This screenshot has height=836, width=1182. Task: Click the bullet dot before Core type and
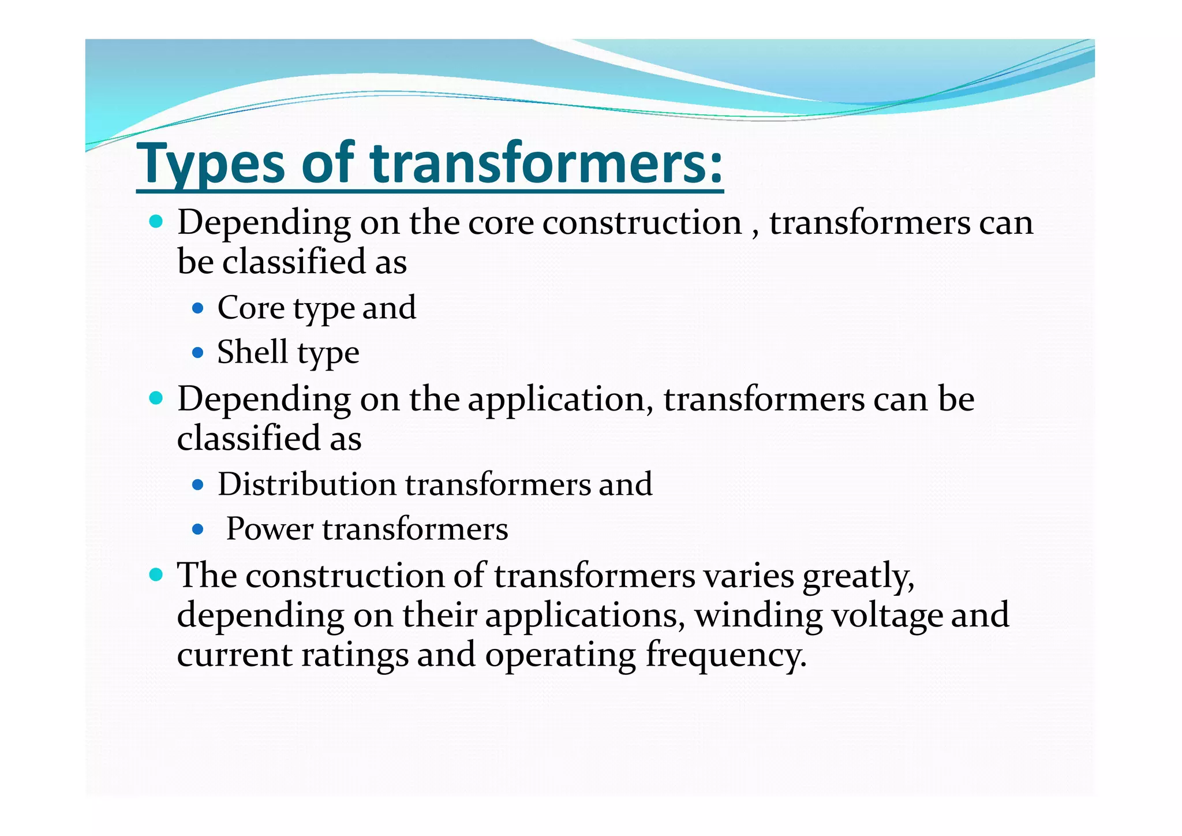pyautogui.click(x=198, y=308)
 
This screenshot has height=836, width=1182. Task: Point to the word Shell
pyautogui.click(x=252, y=352)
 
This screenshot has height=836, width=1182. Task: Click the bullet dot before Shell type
pyautogui.click(x=198, y=352)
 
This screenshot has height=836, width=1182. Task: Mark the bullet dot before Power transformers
pyautogui.click(x=198, y=529)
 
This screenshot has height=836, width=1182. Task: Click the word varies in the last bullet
pyautogui.click(x=748, y=576)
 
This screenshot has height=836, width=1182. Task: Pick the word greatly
pyautogui.click(x=858, y=577)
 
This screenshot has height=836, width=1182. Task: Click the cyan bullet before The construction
pyautogui.click(x=156, y=574)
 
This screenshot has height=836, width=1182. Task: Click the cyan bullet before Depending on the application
pyautogui.click(x=156, y=398)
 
